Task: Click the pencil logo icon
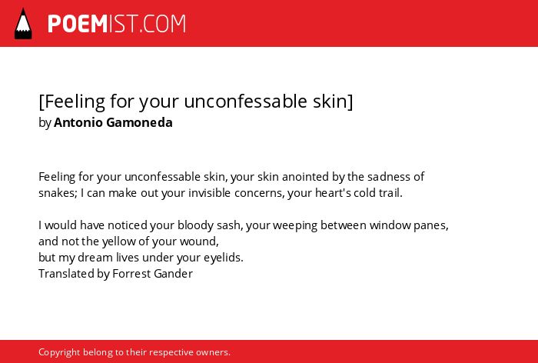(x=23, y=24)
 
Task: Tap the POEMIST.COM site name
(x=117, y=24)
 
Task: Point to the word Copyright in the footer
(x=59, y=352)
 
